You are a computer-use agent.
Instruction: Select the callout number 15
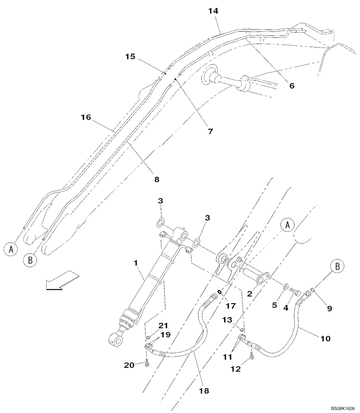tap(130, 57)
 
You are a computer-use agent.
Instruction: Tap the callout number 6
tap(291, 85)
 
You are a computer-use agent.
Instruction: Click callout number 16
tap(86, 118)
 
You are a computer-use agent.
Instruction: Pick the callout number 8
tap(156, 179)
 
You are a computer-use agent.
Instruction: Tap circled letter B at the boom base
tap(30, 260)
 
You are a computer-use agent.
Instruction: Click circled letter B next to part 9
tap(337, 266)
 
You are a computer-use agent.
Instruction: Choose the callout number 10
tap(325, 338)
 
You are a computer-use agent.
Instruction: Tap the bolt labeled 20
tap(147, 363)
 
